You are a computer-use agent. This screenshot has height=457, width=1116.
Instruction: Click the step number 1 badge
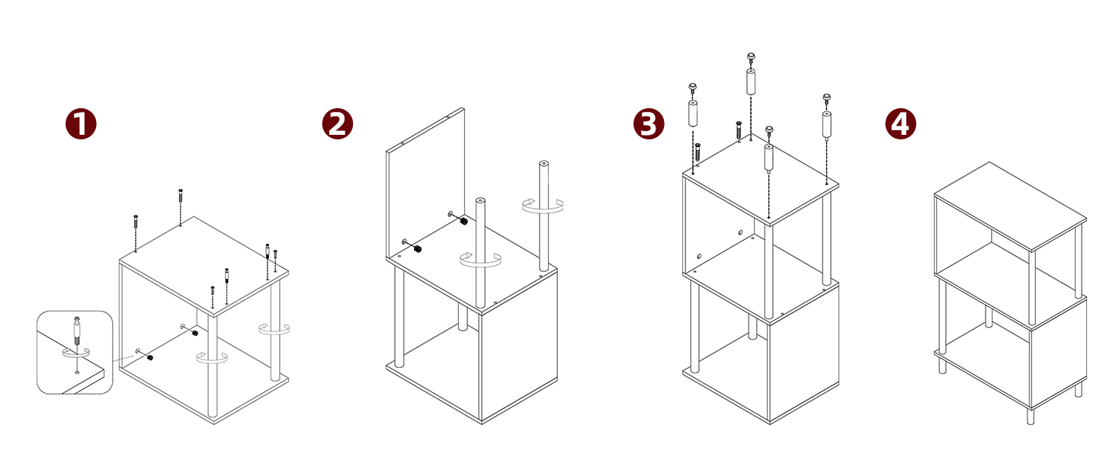[81, 123]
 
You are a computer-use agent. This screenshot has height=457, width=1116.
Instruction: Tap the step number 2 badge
[338, 123]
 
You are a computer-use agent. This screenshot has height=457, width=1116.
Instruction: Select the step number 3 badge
[649, 123]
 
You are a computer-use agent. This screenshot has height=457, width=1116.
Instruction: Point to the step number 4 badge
[900, 123]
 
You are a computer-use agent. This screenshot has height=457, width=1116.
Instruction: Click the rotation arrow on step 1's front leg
[213, 358]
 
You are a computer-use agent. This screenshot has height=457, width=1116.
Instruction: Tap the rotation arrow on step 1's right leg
[274, 330]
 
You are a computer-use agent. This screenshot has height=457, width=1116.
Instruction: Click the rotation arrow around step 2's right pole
[542, 205]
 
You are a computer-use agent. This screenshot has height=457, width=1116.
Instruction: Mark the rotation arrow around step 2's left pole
[480, 260]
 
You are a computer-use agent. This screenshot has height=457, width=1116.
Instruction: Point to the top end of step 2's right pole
[544, 164]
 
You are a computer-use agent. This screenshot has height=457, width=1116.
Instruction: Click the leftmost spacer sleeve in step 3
[694, 113]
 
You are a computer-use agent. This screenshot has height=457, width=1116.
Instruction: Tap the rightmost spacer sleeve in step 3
[826, 123]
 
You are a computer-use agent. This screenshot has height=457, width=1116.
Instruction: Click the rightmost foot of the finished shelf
[1079, 390]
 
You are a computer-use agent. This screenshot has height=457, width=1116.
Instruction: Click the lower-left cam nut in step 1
[149, 357]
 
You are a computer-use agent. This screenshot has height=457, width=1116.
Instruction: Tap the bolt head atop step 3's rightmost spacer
[826, 98]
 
